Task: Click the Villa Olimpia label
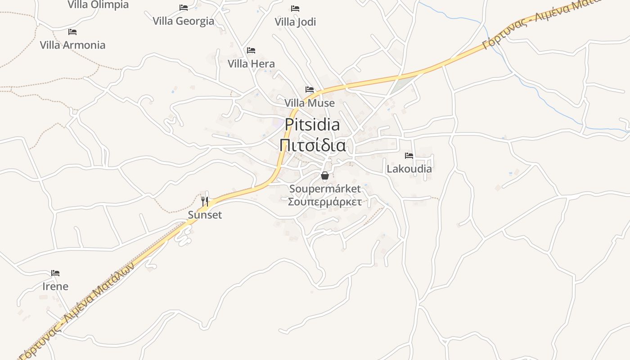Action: click(98, 5)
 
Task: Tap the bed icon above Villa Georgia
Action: click(184, 8)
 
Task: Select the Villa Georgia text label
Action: click(184, 21)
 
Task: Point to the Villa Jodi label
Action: click(295, 22)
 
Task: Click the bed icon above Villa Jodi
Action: click(295, 8)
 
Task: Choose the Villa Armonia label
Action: click(72, 45)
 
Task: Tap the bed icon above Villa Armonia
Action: click(72, 32)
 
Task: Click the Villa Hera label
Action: click(251, 63)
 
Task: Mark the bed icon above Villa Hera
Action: click(251, 50)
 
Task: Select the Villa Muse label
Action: click(310, 103)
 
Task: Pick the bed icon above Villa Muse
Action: click(310, 90)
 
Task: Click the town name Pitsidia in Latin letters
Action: click(312, 125)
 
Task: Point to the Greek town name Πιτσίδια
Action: click(312, 146)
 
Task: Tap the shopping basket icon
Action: click(325, 175)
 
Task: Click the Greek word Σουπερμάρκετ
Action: click(325, 201)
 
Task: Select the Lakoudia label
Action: click(409, 169)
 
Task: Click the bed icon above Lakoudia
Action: click(409, 156)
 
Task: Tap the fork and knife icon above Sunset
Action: click(205, 201)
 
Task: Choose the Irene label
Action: click(55, 287)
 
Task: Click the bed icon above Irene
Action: click(55, 273)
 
